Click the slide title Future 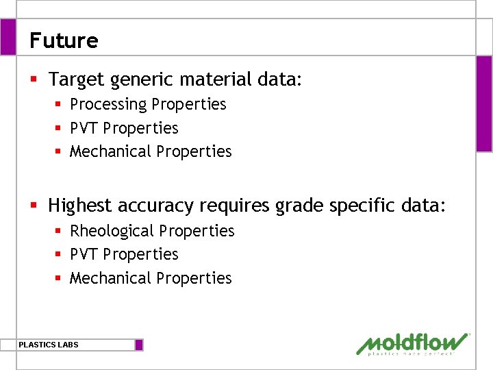tap(64, 40)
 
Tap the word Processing tap(108, 104)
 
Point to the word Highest tap(79, 205)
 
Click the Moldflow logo tap(413, 343)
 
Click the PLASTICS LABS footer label tap(49, 345)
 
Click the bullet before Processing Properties tap(60, 104)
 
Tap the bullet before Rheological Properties tap(60, 231)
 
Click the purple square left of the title tap(8, 36)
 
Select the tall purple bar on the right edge tap(484, 103)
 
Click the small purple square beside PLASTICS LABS tap(139, 345)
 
